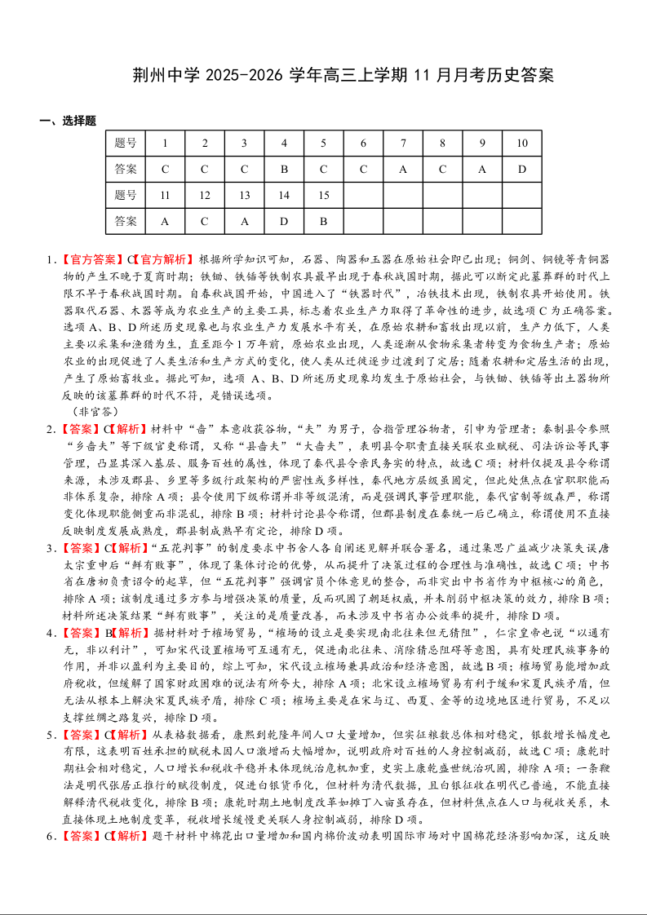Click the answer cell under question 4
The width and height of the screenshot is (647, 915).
[284, 170]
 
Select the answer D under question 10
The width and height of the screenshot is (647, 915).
[521, 170]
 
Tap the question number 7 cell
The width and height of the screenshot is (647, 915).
[403, 144]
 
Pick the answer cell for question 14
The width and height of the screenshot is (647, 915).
[284, 221]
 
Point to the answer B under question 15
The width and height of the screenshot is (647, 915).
[323, 221]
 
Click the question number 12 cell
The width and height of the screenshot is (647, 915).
[205, 196]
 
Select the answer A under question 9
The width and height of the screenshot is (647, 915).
[482, 170]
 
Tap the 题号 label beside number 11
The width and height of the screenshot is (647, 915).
[126, 196]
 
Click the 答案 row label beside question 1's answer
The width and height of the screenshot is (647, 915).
[126, 170]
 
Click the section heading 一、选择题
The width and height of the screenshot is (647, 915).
[68, 121]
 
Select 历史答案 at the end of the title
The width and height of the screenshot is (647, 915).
[522, 76]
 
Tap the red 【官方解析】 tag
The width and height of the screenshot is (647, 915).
[163, 260]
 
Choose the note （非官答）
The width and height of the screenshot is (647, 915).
[96, 412]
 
